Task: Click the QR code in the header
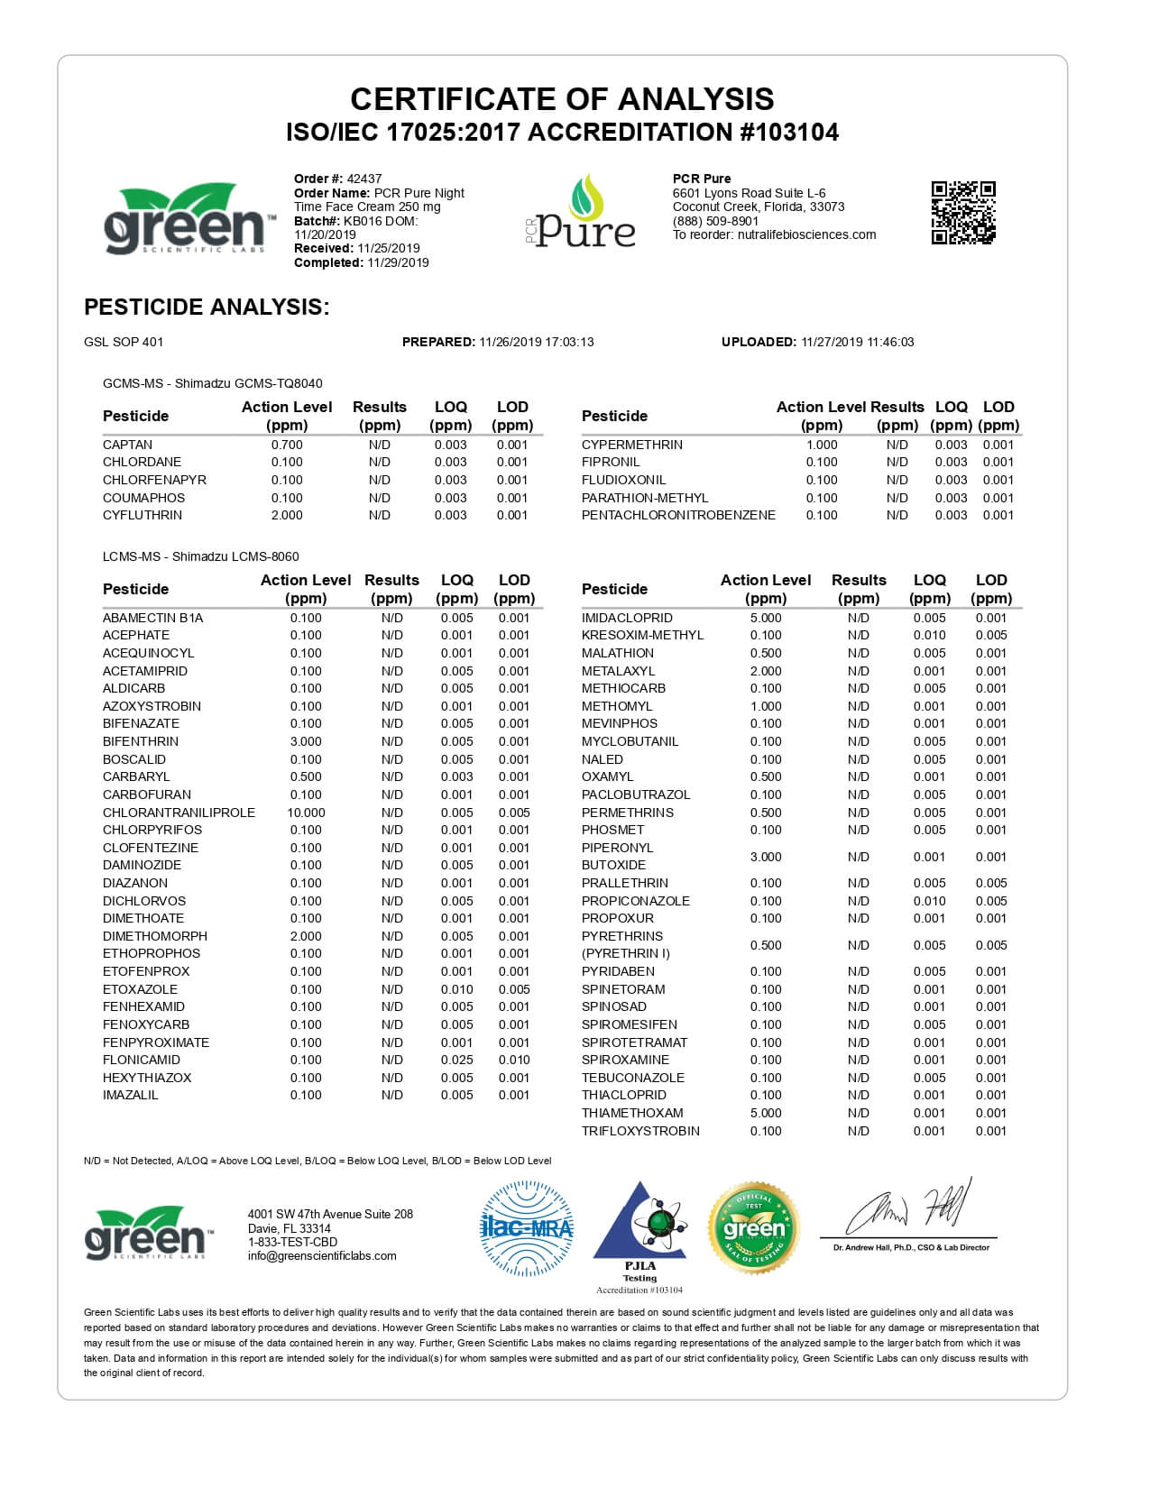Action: click(962, 213)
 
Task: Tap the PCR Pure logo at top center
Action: click(581, 213)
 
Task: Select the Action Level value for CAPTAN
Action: click(287, 445)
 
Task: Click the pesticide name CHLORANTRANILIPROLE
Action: click(179, 813)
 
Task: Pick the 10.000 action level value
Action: click(306, 813)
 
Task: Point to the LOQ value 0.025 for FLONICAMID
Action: click(456, 1060)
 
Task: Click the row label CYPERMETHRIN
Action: click(631, 445)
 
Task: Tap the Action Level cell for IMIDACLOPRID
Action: click(766, 618)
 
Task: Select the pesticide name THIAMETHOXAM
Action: click(632, 1113)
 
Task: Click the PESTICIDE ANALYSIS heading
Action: click(207, 307)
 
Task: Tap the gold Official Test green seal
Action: click(754, 1227)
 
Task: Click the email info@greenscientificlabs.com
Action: click(322, 1255)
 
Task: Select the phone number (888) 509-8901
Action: click(715, 221)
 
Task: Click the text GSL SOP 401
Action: click(124, 342)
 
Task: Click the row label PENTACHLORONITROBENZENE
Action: click(678, 515)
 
